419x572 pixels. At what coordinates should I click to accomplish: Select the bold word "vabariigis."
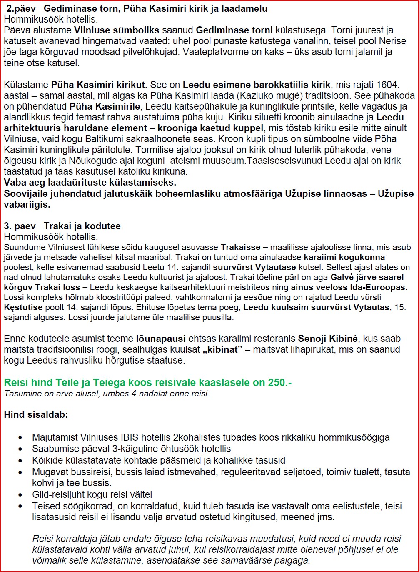[27, 205]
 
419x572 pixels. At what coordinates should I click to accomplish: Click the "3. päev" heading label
[20, 226]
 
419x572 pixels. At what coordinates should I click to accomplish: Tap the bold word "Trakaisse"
[241, 247]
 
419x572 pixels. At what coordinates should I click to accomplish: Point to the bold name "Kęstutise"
[23, 307]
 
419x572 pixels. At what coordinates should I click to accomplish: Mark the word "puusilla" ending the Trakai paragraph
[220, 317]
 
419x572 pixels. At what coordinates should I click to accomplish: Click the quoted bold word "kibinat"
[220, 349]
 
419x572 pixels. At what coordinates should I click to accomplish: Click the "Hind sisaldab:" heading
[36, 415]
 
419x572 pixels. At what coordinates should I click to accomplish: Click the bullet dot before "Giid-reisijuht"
[20, 495]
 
